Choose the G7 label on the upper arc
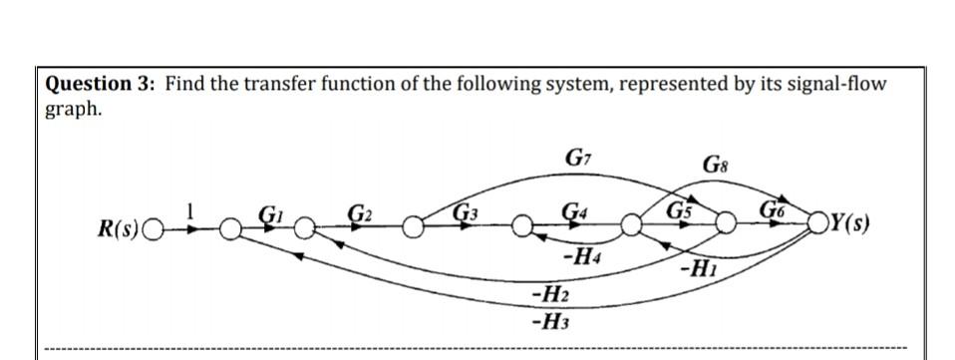(575, 157)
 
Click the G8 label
(715, 164)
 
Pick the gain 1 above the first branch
(194, 210)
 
